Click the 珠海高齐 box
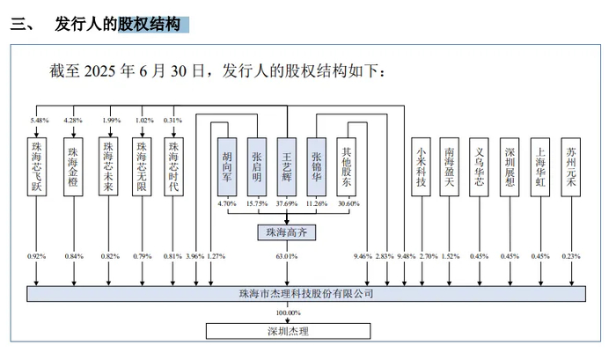click(286, 232)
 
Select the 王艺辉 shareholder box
click(287, 166)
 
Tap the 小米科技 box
click(421, 166)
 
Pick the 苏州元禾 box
click(571, 166)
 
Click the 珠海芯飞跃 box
click(37, 166)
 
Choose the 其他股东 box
click(347, 166)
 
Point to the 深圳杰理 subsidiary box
click(289, 331)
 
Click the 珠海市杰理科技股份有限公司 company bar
click(306, 294)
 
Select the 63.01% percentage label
click(287, 256)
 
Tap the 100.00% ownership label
click(288, 312)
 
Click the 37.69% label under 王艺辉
click(287, 203)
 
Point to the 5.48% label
click(40, 121)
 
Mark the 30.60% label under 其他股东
click(348, 203)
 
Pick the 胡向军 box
click(227, 166)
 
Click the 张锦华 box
click(317, 166)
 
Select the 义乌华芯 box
click(479, 166)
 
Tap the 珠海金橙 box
click(73, 166)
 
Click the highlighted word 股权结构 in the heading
click(150, 24)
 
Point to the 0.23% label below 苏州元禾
click(571, 256)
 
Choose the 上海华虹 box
click(540, 166)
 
